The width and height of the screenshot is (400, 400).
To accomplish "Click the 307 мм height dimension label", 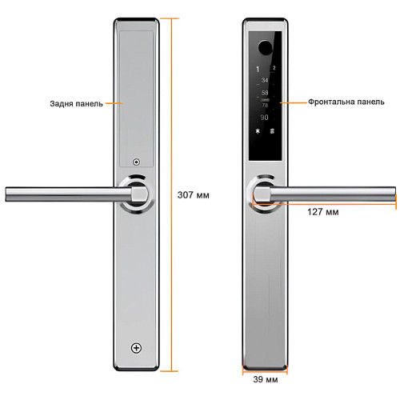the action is click(x=194, y=195).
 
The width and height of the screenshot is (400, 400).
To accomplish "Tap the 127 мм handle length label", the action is click(x=323, y=212).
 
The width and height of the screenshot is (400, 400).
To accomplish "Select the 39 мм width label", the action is click(x=266, y=379).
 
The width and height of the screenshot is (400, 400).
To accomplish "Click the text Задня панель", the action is click(x=76, y=103).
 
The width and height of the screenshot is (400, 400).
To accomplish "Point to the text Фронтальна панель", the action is click(x=346, y=102).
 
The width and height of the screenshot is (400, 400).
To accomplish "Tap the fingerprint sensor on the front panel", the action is click(x=265, y=47).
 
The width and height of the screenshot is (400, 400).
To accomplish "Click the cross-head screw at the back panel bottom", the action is click(x=136, y=348).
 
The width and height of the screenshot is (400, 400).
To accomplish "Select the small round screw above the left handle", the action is click(x=137, y=162).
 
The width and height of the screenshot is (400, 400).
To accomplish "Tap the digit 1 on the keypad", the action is click(x=258, y=70).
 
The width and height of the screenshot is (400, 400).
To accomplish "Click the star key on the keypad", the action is click(x=258, y=131).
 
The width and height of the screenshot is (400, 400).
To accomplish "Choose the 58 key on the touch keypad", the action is click(x=265, y=93).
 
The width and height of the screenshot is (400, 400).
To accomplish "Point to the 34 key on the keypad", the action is click(x=265, y=80).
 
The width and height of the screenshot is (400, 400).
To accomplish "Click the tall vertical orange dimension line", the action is click(x=171, y=194).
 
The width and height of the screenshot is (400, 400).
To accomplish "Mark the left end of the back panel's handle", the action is click(x=6, y=194).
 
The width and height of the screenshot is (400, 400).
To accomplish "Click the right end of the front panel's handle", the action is click(x=395, y=194).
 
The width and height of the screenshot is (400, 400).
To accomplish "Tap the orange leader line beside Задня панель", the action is click(x=114, y=103).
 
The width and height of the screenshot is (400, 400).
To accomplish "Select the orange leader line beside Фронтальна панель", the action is click(x=294, y=102).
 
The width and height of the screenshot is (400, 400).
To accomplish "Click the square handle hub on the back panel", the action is click(x=139, y=194).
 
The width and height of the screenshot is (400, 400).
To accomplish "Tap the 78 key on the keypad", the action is click(x=265, y=106).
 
